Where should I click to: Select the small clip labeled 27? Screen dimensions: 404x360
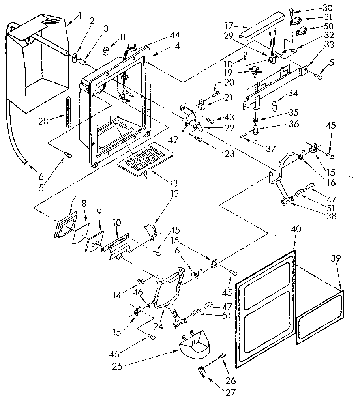[x=201, y=371]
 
